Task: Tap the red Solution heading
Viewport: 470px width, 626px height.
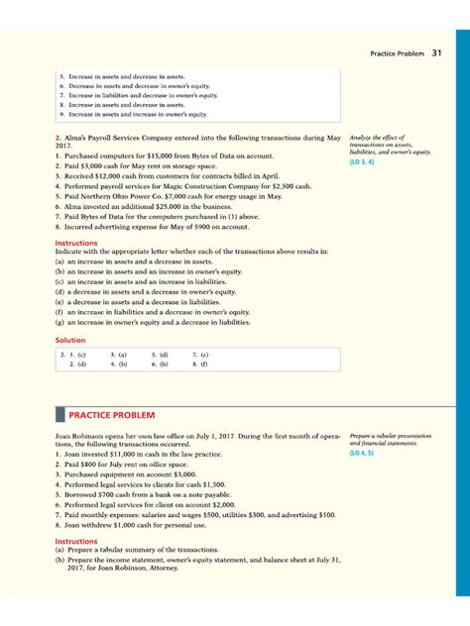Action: tap(70, 340)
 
